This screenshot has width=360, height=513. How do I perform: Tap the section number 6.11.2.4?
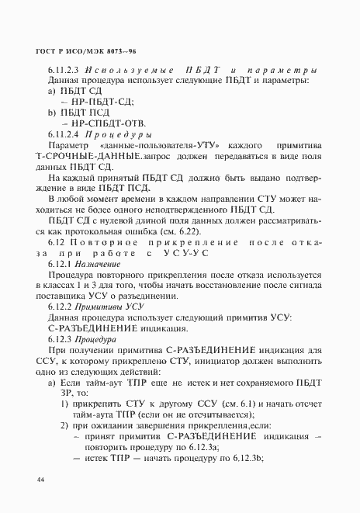click(x=66, y=133)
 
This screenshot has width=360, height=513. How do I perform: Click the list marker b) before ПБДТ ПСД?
click(x=52, y=113)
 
